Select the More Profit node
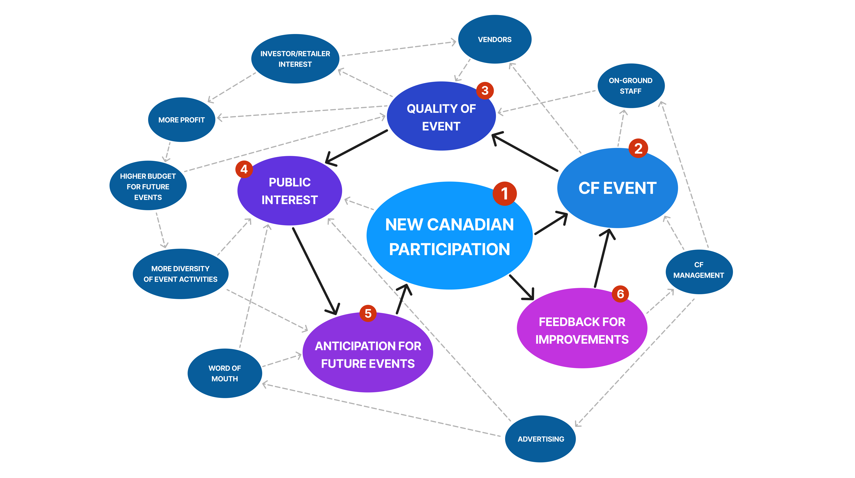click(x=182, y=120)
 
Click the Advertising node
click(x=541, y=439)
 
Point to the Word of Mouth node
click(x=225, y=373)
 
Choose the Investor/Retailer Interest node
click(x=295, y=59)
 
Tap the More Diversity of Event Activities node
click(x=181, y=274)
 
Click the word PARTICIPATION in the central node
click(x=449, y=249)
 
